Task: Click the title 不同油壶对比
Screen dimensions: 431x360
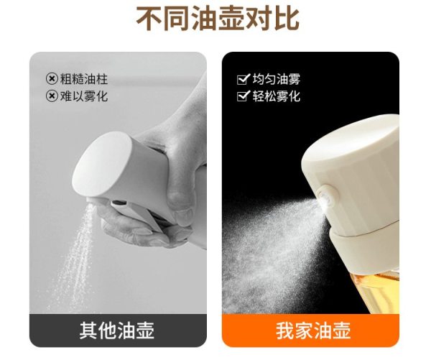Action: point(218,19)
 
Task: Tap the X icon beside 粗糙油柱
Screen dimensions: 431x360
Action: point(52,79)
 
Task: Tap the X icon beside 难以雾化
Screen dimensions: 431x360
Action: point(52,96)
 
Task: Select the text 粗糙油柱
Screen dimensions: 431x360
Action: point(84,79)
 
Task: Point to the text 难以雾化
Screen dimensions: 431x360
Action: point(84,96)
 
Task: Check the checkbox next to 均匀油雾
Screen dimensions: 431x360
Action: point(243,79)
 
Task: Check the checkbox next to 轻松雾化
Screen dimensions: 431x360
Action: point(243,96)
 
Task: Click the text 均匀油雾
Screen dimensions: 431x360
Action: point(277,79)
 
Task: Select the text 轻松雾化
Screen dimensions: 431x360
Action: point(277,96)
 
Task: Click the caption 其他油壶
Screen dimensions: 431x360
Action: point(117,331)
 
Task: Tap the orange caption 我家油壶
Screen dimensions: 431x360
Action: point(313,331)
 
